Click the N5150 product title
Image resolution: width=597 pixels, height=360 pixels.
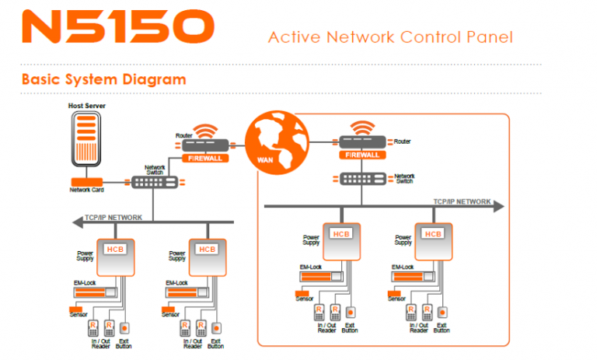tap(117, 28)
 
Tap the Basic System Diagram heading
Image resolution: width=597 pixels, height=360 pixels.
tap(103, 79)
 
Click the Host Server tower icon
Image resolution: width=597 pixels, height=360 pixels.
tap(86, 139)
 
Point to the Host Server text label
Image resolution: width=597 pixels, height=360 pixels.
tap(86, 106)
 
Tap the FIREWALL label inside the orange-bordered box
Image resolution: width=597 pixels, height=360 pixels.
tap(363, 155)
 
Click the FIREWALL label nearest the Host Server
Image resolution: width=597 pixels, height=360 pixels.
tap(206, 158)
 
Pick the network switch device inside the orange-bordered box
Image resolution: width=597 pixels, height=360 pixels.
tap(363, 178)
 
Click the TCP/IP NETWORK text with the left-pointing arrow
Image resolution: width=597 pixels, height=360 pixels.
tap(113, 218)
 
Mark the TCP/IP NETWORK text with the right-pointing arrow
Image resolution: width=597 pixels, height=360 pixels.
tap(462, 201)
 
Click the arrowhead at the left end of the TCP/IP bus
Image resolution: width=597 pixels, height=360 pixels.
tap(76, 223)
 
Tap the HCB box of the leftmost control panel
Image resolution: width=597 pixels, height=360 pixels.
tap(115, 249)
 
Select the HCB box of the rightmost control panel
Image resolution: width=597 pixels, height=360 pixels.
tap(433, 233)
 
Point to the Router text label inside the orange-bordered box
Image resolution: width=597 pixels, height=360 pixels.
tap(402, 142)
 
